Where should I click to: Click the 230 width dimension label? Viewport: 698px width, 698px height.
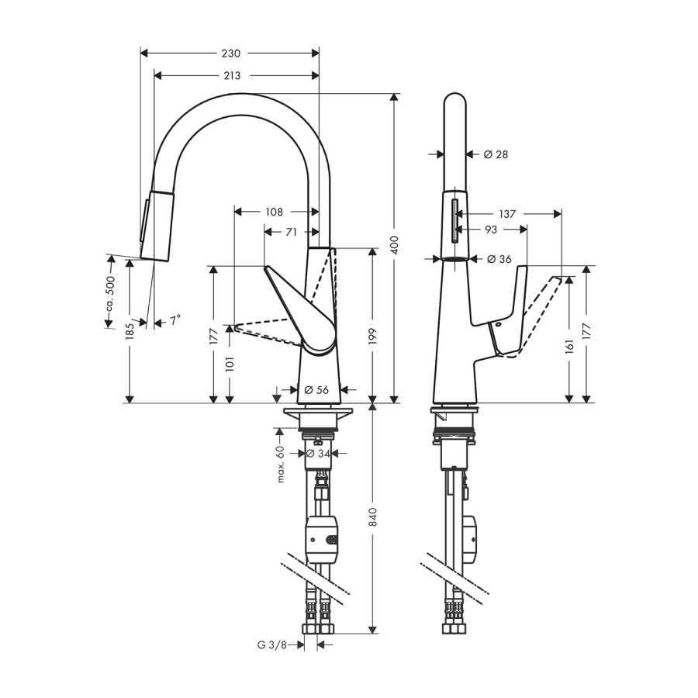(x=230, y=54)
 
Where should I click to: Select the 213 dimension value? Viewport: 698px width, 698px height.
(x=232, y=76)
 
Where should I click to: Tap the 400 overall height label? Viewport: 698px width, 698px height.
(x=394, y=245)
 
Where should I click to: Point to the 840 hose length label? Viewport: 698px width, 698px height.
(x=373, y=517)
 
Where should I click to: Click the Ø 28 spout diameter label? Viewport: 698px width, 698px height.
(x=496, y=154)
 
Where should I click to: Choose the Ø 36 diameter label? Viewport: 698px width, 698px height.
(x=499, y=259)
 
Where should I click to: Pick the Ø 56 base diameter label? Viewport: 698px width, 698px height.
(x=316, y=390)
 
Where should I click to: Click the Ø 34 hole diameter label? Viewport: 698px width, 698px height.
(x=319, y=454)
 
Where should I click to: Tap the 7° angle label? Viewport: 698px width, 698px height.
(x=174, y=320)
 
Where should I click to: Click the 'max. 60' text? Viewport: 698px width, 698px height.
(x=281, y=464)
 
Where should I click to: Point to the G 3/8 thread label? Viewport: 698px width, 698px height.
(x=272, y=644)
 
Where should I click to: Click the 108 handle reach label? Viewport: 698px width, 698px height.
(x=275, y=212)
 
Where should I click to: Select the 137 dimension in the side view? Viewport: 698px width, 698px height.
(x=507, y=214)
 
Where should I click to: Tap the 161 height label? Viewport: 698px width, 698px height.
(x=569, y=345)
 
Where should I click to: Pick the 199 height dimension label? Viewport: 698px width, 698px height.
(x=372, y=336)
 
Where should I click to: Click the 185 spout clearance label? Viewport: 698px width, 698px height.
(x=130, y=331)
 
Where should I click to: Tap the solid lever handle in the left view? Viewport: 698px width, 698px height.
(x=302, y=312)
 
